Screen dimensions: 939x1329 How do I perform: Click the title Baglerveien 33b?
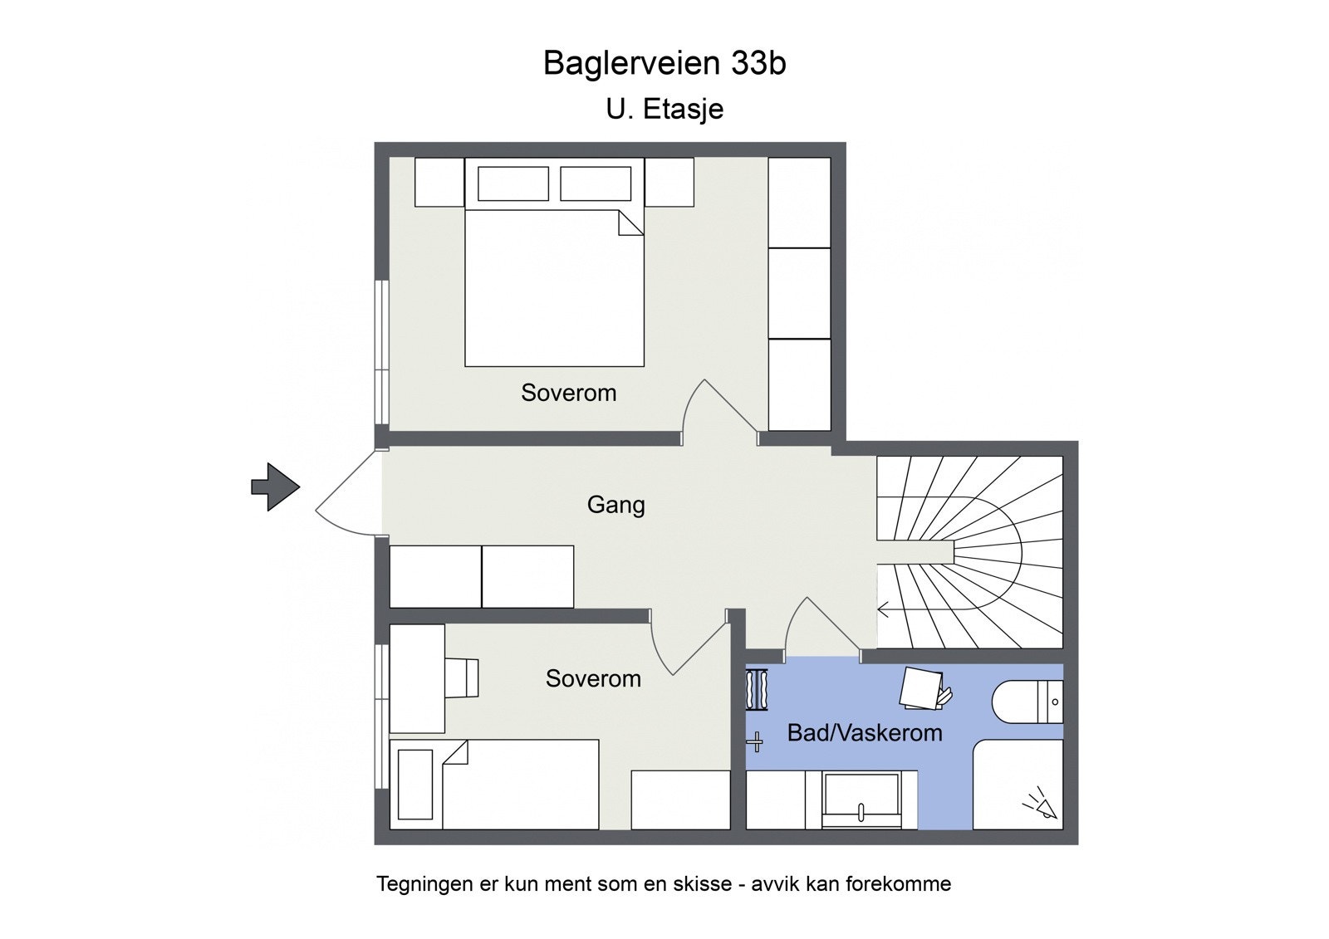click(x=664, y=63)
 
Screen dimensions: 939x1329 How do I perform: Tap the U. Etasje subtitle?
click(x=664, y=109)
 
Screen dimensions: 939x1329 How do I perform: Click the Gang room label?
click(x=615, y=505)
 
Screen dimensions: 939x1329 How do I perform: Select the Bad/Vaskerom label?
click(x=864, y=733)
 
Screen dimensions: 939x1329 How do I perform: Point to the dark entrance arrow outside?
click(x=275, y=487)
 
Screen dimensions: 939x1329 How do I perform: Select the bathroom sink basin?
click(x=861, y=800)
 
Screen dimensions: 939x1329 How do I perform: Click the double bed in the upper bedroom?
click(x=554, y=286)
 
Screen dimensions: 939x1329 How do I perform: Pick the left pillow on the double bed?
click(x=512, y=183)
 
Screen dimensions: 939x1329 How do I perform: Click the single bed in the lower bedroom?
click(x=519, y=784)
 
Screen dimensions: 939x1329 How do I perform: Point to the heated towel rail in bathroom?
click(x=758, y=690)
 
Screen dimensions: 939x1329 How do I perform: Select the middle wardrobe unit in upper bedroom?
click(x=799, y=293)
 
